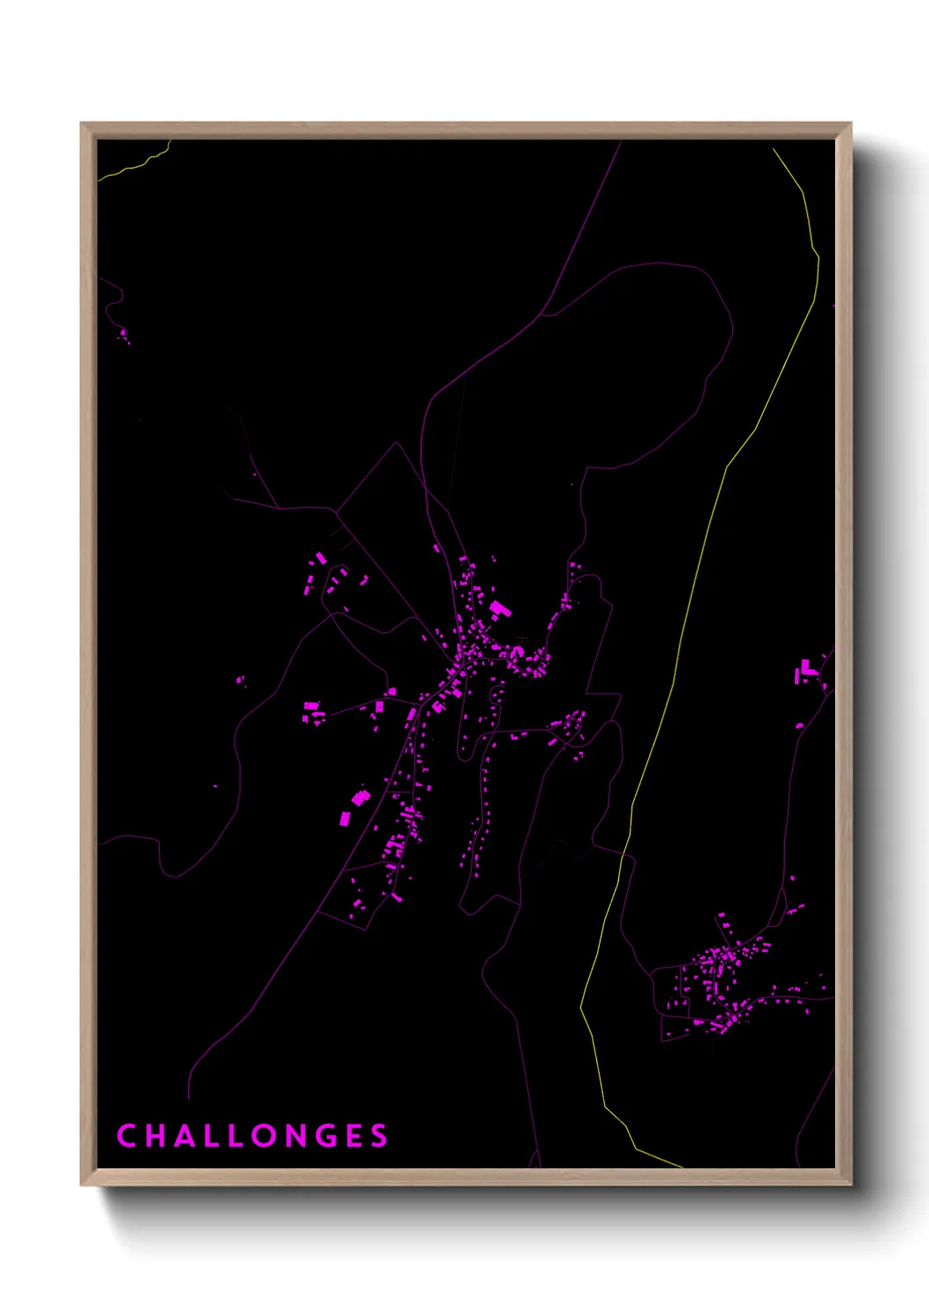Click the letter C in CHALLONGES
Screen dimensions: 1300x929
[x=126, y=1136]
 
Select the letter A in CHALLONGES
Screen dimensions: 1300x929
[x=188, y=1136]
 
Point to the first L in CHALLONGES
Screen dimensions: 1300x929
[x=216, y=1136]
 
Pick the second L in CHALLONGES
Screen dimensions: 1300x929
[x=241, y=1136]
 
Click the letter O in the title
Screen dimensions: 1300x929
[x=270, y=1136]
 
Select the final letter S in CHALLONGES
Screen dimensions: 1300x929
[x=380, y=1136]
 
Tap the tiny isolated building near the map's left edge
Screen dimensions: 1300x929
[x=123, y=333]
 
